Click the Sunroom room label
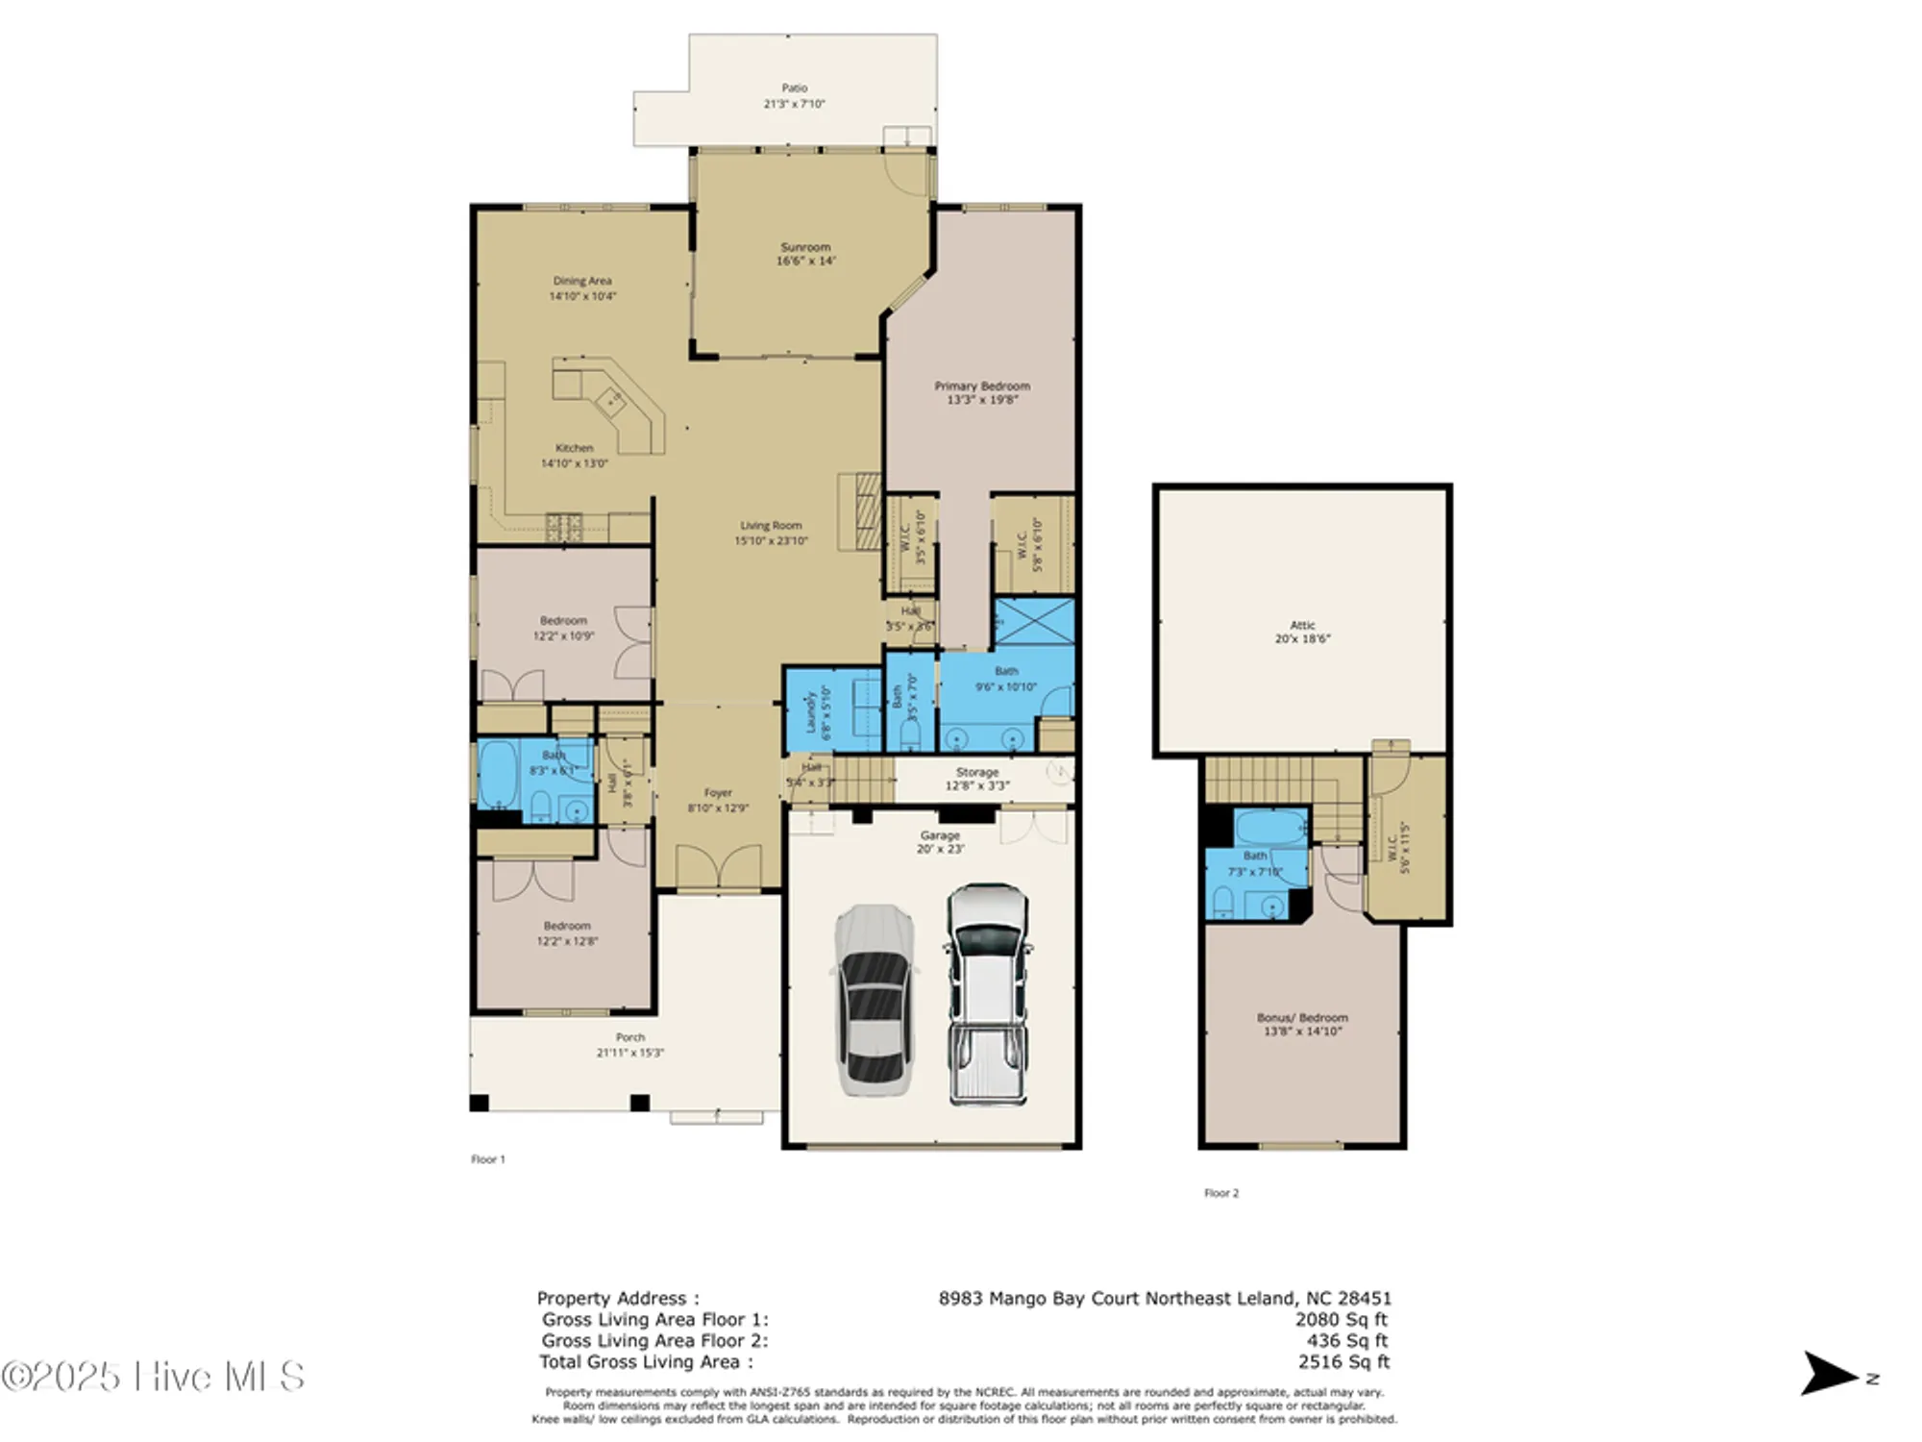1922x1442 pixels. [x=804, y=247]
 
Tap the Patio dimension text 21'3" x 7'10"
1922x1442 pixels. [x=794, y=104]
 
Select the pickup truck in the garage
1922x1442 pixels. [x=987, y=995]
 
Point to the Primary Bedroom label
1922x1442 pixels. [x=981, y=385]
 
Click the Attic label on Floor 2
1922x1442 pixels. [x=1302, y=625]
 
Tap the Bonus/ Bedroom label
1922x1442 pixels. [x=1302, y=1017]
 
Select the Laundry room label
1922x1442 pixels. [x=810, y=710]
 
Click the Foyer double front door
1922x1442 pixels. [x=718, y=867]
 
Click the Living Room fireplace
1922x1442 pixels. [x=862, y=510]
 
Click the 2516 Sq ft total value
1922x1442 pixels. [x=1343, y=1361]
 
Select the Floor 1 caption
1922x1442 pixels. [x=487, y=1159]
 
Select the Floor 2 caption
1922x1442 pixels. [x=1221, y=1193]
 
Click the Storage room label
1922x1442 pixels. [x=976, y=772]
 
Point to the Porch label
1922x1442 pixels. [x=629, y=1037]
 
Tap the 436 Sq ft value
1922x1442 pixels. [x=1346, y=1340]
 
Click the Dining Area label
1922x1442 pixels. [x=581, y=281]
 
